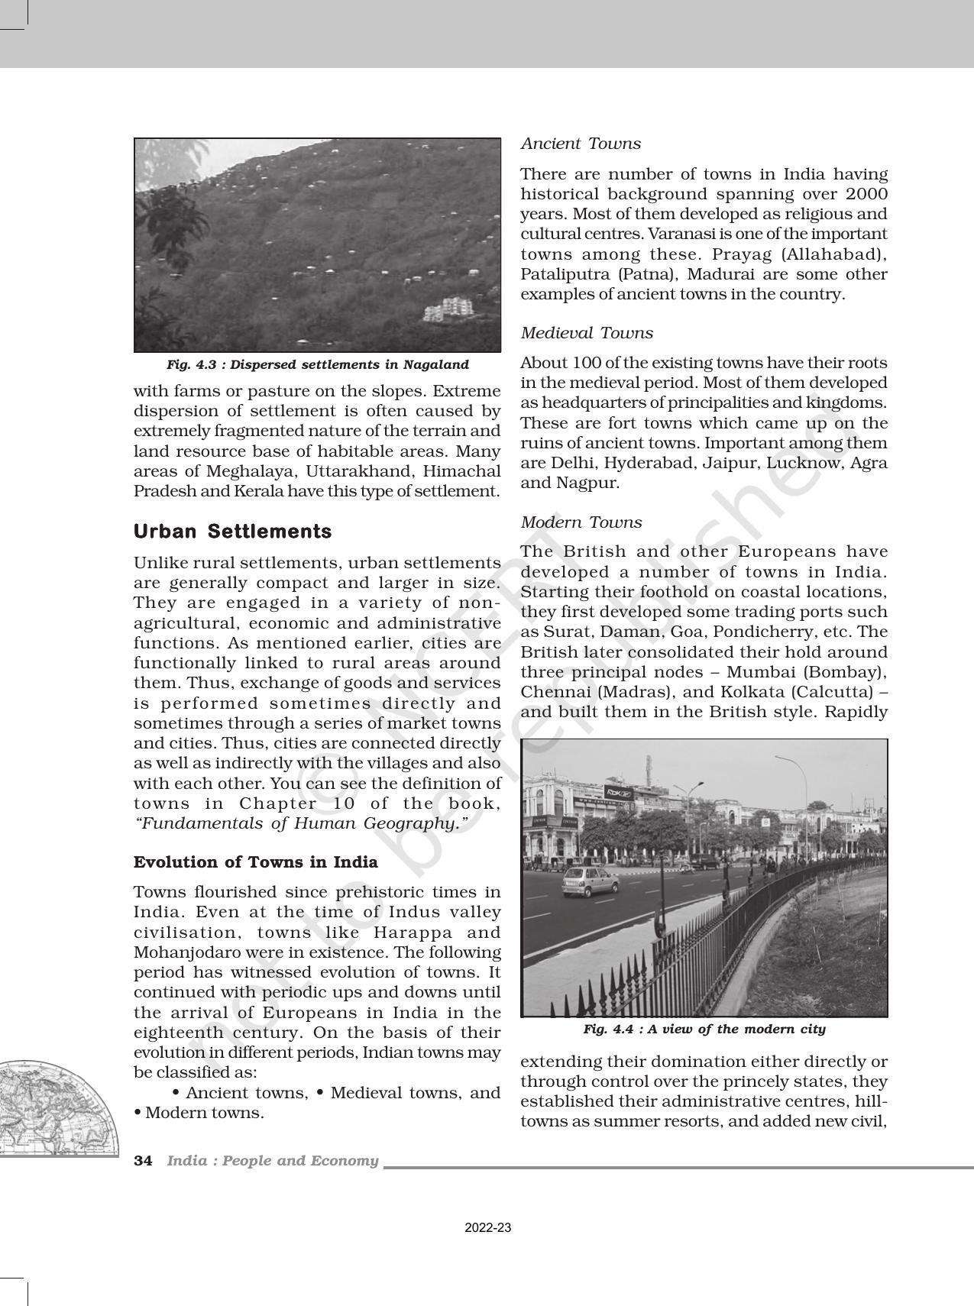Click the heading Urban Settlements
(232, 532)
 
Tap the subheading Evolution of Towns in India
(256, 862)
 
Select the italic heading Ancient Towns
(581, 144)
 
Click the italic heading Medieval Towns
(587, 333)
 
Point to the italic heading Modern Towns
(581, 522)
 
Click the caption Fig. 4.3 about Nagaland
(317, 365)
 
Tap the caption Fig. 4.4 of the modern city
(704, 1030)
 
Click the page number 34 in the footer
(143, 1161)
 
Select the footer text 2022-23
(488, 1228)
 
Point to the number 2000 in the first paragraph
(866, 194)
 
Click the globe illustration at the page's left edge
(57, 1107)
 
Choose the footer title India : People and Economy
(273, 1161)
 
